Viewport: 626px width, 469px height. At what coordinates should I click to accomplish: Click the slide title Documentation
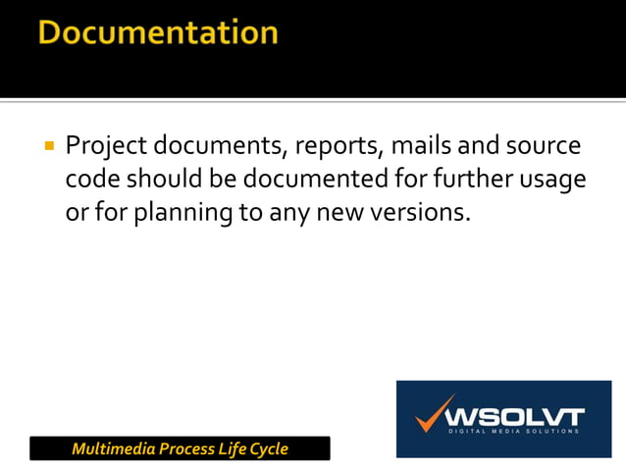pyautogui.click(x=159, y=33)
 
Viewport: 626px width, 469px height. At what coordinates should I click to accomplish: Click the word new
pyautogui.click(x=344, y=212)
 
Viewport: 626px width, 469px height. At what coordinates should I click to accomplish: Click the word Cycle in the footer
pyautogui.click(x=266, y=449)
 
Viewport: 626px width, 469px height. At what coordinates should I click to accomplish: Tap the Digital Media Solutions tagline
pyautogui.click(x=514, y=431)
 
